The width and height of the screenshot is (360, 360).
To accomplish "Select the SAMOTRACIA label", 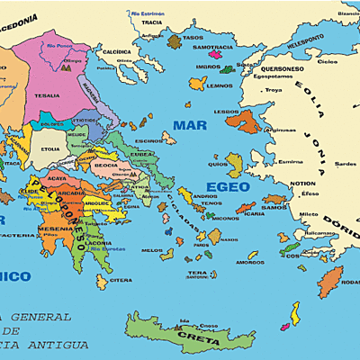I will coord(211,48).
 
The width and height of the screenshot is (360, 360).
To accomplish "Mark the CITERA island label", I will coord(121,280).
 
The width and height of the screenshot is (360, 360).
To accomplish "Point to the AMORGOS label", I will coord(225,262).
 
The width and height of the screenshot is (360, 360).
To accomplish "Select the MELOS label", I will coord(152,250).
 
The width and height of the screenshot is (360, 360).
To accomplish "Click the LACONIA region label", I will coord(101,243).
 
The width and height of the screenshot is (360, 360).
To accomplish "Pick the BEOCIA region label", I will coord(107,166).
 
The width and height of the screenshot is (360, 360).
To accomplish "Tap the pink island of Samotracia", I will coord(213,40).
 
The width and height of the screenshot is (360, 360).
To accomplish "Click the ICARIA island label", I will coord(255,214).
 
